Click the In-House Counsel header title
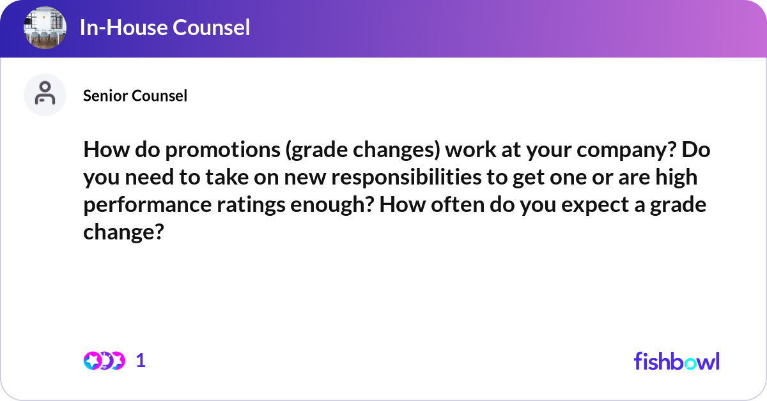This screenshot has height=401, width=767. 165,27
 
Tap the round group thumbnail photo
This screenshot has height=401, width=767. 45,27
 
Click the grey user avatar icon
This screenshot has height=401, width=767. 45,95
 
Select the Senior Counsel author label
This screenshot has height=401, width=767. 135,96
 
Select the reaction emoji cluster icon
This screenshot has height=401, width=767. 104,361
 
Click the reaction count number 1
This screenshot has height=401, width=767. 141,361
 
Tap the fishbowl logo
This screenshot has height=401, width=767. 676,361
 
